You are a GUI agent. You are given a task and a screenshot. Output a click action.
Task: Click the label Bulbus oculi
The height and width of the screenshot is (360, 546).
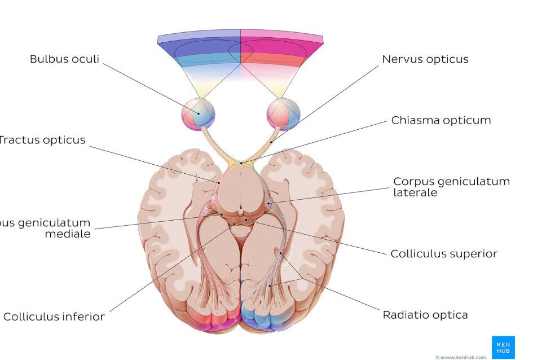(64, 59)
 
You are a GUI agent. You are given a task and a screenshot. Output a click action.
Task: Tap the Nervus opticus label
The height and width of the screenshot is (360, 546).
(425, 59)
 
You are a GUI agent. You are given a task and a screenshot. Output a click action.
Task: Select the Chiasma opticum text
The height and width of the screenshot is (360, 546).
(441, 120)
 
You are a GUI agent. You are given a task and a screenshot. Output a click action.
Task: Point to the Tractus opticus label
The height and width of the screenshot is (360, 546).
(42, 140)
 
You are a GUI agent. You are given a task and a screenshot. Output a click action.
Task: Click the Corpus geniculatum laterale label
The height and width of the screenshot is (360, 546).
(451, 187)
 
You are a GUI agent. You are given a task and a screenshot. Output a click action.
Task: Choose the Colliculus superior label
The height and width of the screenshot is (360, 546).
(443, 254)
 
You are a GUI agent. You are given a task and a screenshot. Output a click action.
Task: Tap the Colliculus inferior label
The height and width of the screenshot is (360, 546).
(54, 317)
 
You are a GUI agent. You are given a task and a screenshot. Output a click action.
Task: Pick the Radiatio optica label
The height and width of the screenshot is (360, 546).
(425, 315)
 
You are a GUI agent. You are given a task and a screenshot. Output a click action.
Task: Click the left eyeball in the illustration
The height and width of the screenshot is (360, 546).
(197, 113)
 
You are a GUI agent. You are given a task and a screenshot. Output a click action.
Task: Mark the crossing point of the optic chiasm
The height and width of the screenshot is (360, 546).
(241, 162)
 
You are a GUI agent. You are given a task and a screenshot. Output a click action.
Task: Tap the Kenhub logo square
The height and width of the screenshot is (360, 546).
(503, 347)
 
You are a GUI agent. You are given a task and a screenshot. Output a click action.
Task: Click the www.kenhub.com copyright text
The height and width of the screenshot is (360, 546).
(460, 357)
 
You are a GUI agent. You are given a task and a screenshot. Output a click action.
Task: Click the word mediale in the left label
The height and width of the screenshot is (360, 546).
(67, 234)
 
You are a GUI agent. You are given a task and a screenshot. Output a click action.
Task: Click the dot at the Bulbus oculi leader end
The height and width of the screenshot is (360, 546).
(199, 113)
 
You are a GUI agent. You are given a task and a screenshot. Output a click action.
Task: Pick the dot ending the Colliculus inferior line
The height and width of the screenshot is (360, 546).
(235, 225)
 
